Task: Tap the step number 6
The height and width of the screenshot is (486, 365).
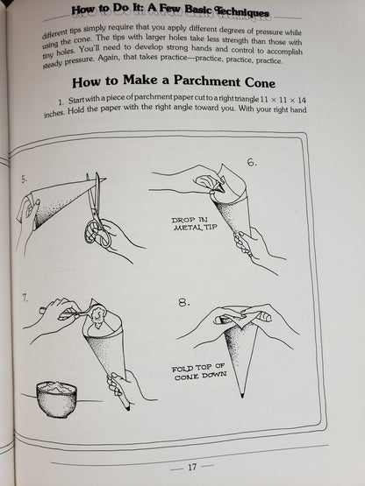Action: [252, 162]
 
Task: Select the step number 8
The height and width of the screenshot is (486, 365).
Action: [184, 302]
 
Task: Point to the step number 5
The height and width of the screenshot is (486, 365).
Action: [25, 180]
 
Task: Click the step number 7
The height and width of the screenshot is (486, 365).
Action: [25, 298]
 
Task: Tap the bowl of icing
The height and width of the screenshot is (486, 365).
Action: [57, 399]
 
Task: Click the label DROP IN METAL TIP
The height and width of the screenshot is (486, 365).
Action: [194, 224]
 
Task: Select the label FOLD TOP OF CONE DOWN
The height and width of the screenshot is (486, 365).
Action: [199, 371]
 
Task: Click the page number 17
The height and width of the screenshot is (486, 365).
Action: [192, 467]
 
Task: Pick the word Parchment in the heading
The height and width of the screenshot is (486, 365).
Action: [207, 81]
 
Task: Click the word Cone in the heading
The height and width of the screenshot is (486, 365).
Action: [260, 83]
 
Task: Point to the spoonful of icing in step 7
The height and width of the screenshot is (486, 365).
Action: [97, 315]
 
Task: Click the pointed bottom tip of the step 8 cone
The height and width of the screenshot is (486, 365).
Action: [242, 397]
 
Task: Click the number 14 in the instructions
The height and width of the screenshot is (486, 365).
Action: [301, 100]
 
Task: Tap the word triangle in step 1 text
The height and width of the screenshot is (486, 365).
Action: [246, 100]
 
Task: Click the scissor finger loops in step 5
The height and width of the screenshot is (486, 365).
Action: [97, 233]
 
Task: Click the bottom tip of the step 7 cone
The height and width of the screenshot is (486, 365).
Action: [128, 409]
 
